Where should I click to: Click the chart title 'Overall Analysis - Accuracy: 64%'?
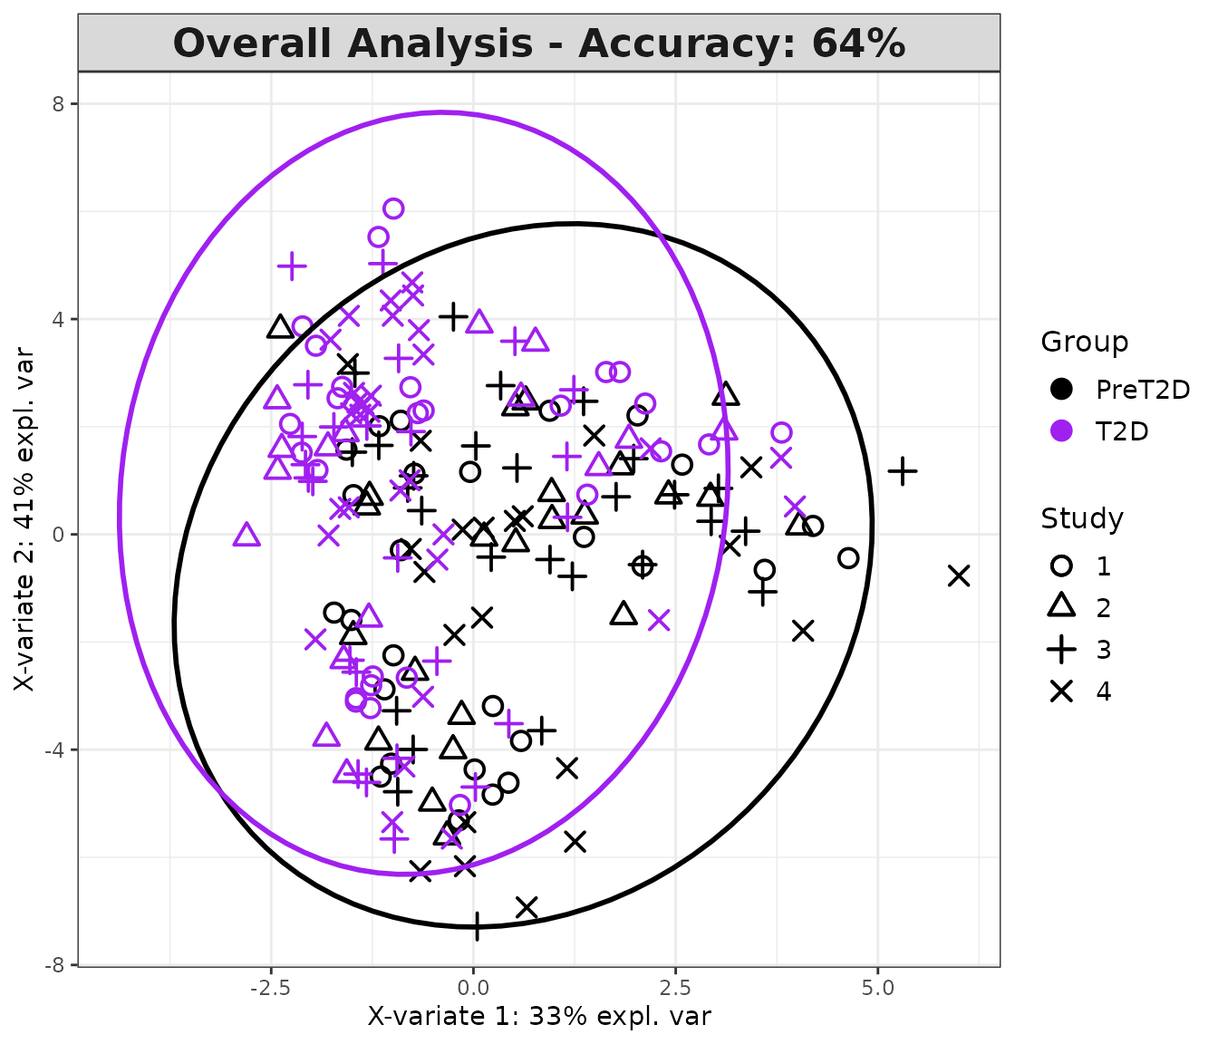(x=538, y=43)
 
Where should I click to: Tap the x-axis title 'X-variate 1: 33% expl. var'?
(x=538, y=1016)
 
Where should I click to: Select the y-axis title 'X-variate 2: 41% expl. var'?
(x=24, y=518)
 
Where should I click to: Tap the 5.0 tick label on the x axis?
(x=877, y=987)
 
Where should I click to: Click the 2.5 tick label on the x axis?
(x=675, y=987)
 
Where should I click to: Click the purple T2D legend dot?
(x=1061, y=431)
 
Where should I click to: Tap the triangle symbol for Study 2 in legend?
(x=1061, y=606)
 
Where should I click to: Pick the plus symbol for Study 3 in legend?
(x=1061, y=649)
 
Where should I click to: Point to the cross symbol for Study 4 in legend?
(x=1061, y=691)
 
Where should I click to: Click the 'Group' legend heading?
(x=1084, y=342)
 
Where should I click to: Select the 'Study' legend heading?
(x=1081, y=518)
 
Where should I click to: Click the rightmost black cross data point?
(x=959, y=575)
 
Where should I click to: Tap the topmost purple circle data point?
(x=393, y=208)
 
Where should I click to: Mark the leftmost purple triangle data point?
(x=246, y=535)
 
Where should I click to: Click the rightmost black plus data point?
(x=902, y=470)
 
